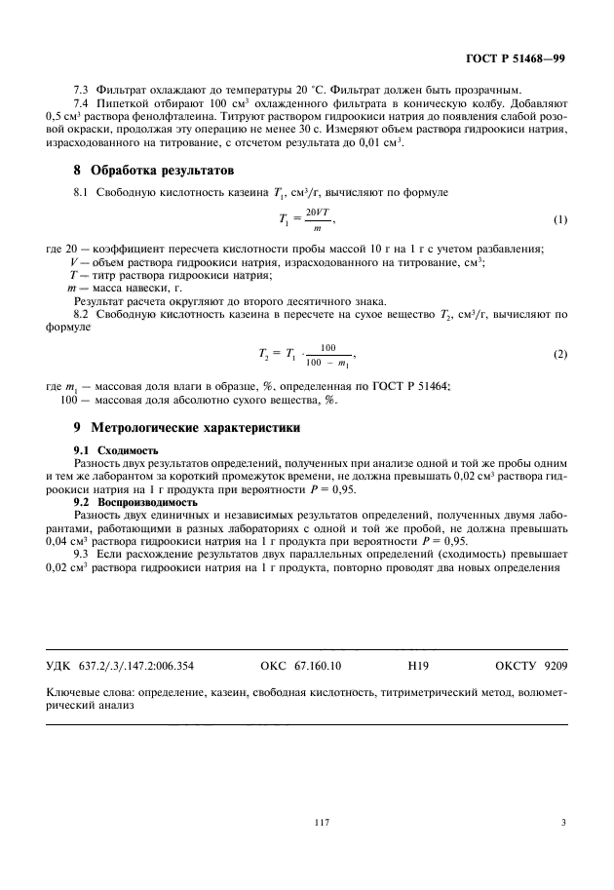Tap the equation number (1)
pos(559,220)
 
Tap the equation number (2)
pos(559,354)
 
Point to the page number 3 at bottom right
pos(563,824)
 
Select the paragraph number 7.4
pos(83,103)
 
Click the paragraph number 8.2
pos(83,314)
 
